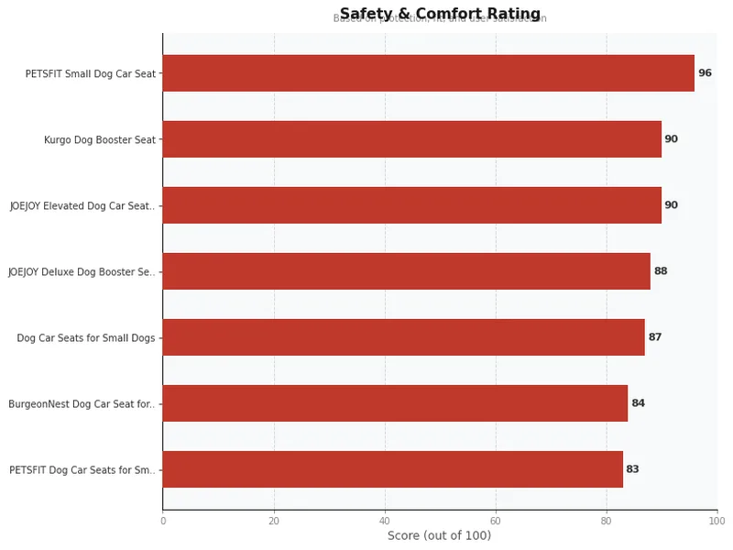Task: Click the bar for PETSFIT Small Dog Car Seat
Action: [x=428, y=73]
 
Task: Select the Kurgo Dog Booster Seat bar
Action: [x=411, y=139]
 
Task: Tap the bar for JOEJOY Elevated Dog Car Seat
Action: [x=411, y=205]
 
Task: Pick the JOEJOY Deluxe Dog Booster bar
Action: [x=406, y=271]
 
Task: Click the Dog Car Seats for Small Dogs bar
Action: [x=403, y=337]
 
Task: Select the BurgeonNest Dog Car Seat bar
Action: [x=395, y=403]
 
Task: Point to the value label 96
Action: [x=705, y=73]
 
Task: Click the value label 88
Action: [x=661, y=271]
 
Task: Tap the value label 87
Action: [x=655, y=337]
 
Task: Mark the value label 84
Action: [x=638, y=403]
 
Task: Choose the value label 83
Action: [x=632, y=469]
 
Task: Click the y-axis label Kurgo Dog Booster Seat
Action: [x=100, y=140]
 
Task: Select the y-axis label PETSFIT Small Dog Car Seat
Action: [x=91, y=73]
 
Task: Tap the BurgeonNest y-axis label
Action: [x=82, y=404]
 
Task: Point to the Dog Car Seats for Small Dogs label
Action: [x=86, y=338]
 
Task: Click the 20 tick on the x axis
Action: [x=274, y=522]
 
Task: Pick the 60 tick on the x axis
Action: [x=495, y=522]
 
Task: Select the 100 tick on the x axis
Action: [x=716, y=522]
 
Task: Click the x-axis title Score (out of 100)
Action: [x=439, y=536]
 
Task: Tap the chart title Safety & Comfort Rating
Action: [x=440, y=14]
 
